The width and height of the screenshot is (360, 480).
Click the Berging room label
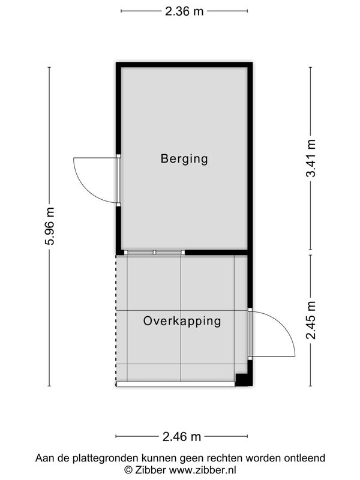tap(184, 159)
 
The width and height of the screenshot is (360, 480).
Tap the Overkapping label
tap(182, 321)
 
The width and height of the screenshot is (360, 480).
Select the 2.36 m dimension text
tap(184, 11)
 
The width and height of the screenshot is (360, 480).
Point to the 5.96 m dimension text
tap(49, 226)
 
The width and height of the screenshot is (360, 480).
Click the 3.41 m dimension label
tap(311, 158)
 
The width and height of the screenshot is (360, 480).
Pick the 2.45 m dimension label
tap(311, 320)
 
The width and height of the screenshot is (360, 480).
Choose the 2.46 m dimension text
tap(182, 437)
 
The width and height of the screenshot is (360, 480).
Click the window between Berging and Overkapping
tap(155, 253)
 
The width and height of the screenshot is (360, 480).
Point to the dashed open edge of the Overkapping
tap(116, 320)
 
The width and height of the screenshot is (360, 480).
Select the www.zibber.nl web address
tap(203, 470)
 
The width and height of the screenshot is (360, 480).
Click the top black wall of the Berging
tap(184, 65)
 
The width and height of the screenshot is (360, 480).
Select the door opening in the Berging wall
tap(118, 181)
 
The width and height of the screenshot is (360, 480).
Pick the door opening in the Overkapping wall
tap(250, 334)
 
